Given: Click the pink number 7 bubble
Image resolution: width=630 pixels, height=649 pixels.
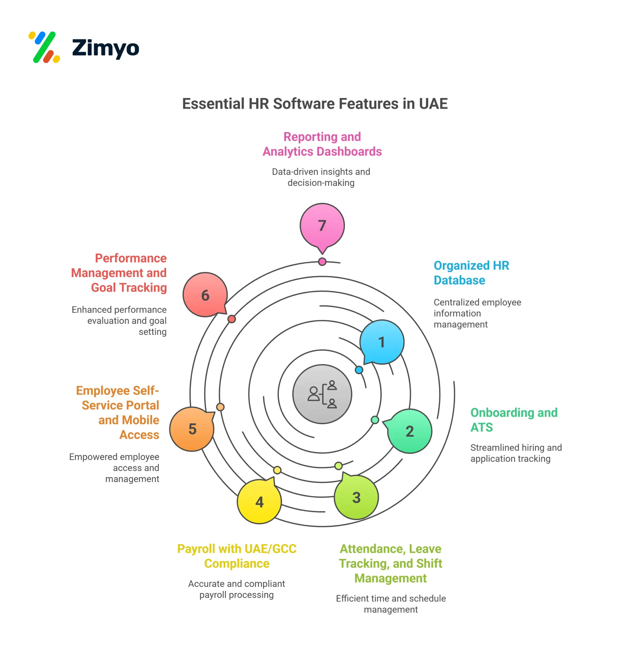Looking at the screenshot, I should point(322,225).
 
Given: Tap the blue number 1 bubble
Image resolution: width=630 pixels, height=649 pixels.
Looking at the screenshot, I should point(381,342).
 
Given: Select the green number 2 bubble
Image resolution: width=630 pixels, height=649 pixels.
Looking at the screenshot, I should point(410,431).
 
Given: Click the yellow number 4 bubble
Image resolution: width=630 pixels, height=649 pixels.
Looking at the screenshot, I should point(259,502).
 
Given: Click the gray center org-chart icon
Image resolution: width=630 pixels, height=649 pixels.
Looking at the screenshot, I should point(322,394).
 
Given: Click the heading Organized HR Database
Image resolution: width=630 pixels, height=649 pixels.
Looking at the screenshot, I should point(471,273).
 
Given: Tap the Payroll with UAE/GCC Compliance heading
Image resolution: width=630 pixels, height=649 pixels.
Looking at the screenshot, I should point(237,556).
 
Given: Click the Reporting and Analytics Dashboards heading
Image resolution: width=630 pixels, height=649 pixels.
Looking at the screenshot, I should point(322,144).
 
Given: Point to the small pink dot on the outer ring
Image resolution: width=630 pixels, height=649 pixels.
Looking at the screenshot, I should point(322,262).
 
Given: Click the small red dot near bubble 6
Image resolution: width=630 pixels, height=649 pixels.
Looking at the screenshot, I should point(232,319).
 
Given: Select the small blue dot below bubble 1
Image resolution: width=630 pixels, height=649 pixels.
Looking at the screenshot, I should point(359,370).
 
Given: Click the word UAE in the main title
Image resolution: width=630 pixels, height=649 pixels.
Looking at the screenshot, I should point(433,104).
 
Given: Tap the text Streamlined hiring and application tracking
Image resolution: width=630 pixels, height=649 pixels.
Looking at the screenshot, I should point(516,453).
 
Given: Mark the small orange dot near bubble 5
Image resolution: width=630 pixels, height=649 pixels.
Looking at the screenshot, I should point(220,407).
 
